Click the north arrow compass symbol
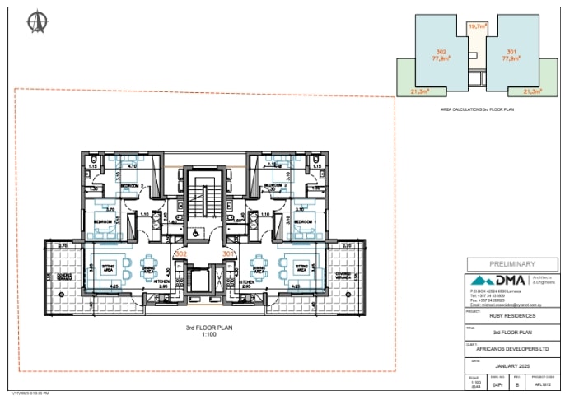pyautogui.click(x=37, y=22)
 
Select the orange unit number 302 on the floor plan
pyautogui.click(x=180, y=254)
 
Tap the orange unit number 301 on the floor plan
pyautogui.click(x=228, y=254)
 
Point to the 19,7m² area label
pyautogui.click(x=476, y=27)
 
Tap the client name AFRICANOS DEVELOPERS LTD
pyautogui.click(x=513, y=348)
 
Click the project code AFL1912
pyautogui.click(x=542, y=384)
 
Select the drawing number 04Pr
pyautogui.click(x=497, y=384)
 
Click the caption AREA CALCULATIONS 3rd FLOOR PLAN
pyautogui.click(x=477, y=109)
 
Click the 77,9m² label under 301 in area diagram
pyautogui.click(x=511, y=58)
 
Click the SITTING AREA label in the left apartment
pyautogui.click(x=107, y=267)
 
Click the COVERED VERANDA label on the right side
pyautogui.click(x=343, y=277)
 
